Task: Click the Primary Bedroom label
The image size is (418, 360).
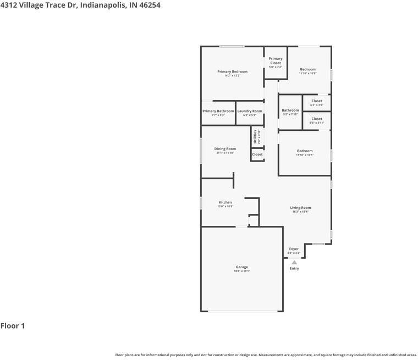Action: [x=232, y=71]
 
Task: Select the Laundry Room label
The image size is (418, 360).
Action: [x=250, y=111]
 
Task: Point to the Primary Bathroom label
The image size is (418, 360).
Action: [x=218, y=111]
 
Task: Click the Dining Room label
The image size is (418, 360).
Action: [x=225, y=149]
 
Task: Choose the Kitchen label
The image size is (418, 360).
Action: [x=225, y=202]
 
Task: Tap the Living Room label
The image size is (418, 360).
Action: [x=300, y=208]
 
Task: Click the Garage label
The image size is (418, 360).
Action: [x=241, y=267]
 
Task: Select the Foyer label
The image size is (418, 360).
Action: [x=294, y=249]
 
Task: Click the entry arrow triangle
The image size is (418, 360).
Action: [x=294, y=262]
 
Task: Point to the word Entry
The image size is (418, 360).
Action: [x=294, y=268]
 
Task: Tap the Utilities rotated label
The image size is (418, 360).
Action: [x=255, y=136]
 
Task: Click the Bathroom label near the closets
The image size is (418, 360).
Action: [x=290, y=110]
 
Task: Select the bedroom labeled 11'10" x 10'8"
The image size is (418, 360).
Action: [x=307, y=69]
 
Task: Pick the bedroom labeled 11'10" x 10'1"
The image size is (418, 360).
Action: [x=305, y=151]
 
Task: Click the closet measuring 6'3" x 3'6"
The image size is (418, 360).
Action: [x=317, y=101]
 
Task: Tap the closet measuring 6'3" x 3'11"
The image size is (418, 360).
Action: [x=317, y=119]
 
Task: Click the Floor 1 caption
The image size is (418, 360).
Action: [x=13, y=326]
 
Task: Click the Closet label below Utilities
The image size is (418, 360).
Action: [x=257, y=154]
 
